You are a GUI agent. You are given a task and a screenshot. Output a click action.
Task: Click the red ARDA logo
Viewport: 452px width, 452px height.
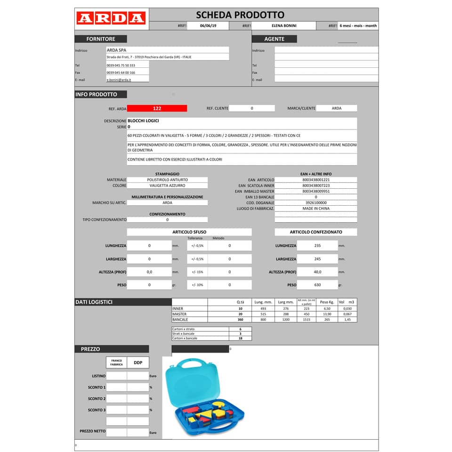tap(111, 18)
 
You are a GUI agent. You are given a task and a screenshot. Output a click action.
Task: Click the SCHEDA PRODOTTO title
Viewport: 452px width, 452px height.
tap(240, 15)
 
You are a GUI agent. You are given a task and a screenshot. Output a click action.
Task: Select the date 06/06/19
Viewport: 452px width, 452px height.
tap(208, 26)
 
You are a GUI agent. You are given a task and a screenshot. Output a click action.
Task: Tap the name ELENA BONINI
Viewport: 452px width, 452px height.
tap(284, 26)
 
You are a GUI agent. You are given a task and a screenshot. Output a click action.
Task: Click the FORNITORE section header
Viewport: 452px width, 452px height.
tap(100, 39)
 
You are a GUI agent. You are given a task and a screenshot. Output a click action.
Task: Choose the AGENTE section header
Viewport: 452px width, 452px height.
tap(274, 39)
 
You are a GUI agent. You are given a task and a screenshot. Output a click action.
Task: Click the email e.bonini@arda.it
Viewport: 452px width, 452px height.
tap(119, 80)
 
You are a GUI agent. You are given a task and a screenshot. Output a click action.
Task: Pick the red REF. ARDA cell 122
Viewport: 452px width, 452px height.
tap(157, 108)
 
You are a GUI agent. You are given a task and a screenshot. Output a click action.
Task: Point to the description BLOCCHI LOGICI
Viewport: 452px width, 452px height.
tap(143, 121)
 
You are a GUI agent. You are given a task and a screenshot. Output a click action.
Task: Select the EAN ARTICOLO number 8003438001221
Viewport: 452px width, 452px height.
tap(316, 180)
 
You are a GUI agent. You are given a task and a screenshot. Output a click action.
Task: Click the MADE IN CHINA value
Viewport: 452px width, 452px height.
tap(316, 208)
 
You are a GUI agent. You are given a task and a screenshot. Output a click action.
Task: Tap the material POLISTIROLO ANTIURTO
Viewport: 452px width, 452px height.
tap(167, 180)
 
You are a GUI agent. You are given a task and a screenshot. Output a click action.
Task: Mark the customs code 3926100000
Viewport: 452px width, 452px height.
tap(316, 202)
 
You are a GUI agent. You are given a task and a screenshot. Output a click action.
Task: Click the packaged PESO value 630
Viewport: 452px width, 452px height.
tap(317, 285)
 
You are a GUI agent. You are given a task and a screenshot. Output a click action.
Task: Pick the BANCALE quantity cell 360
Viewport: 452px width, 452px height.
tap(240, 320)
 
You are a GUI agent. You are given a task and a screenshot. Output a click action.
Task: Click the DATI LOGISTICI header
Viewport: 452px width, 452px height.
tap(94, 302)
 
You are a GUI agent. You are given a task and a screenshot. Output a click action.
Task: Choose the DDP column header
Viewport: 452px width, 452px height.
tap(138, 363)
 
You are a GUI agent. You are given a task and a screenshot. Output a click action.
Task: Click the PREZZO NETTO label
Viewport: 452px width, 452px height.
tap(93, 431)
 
